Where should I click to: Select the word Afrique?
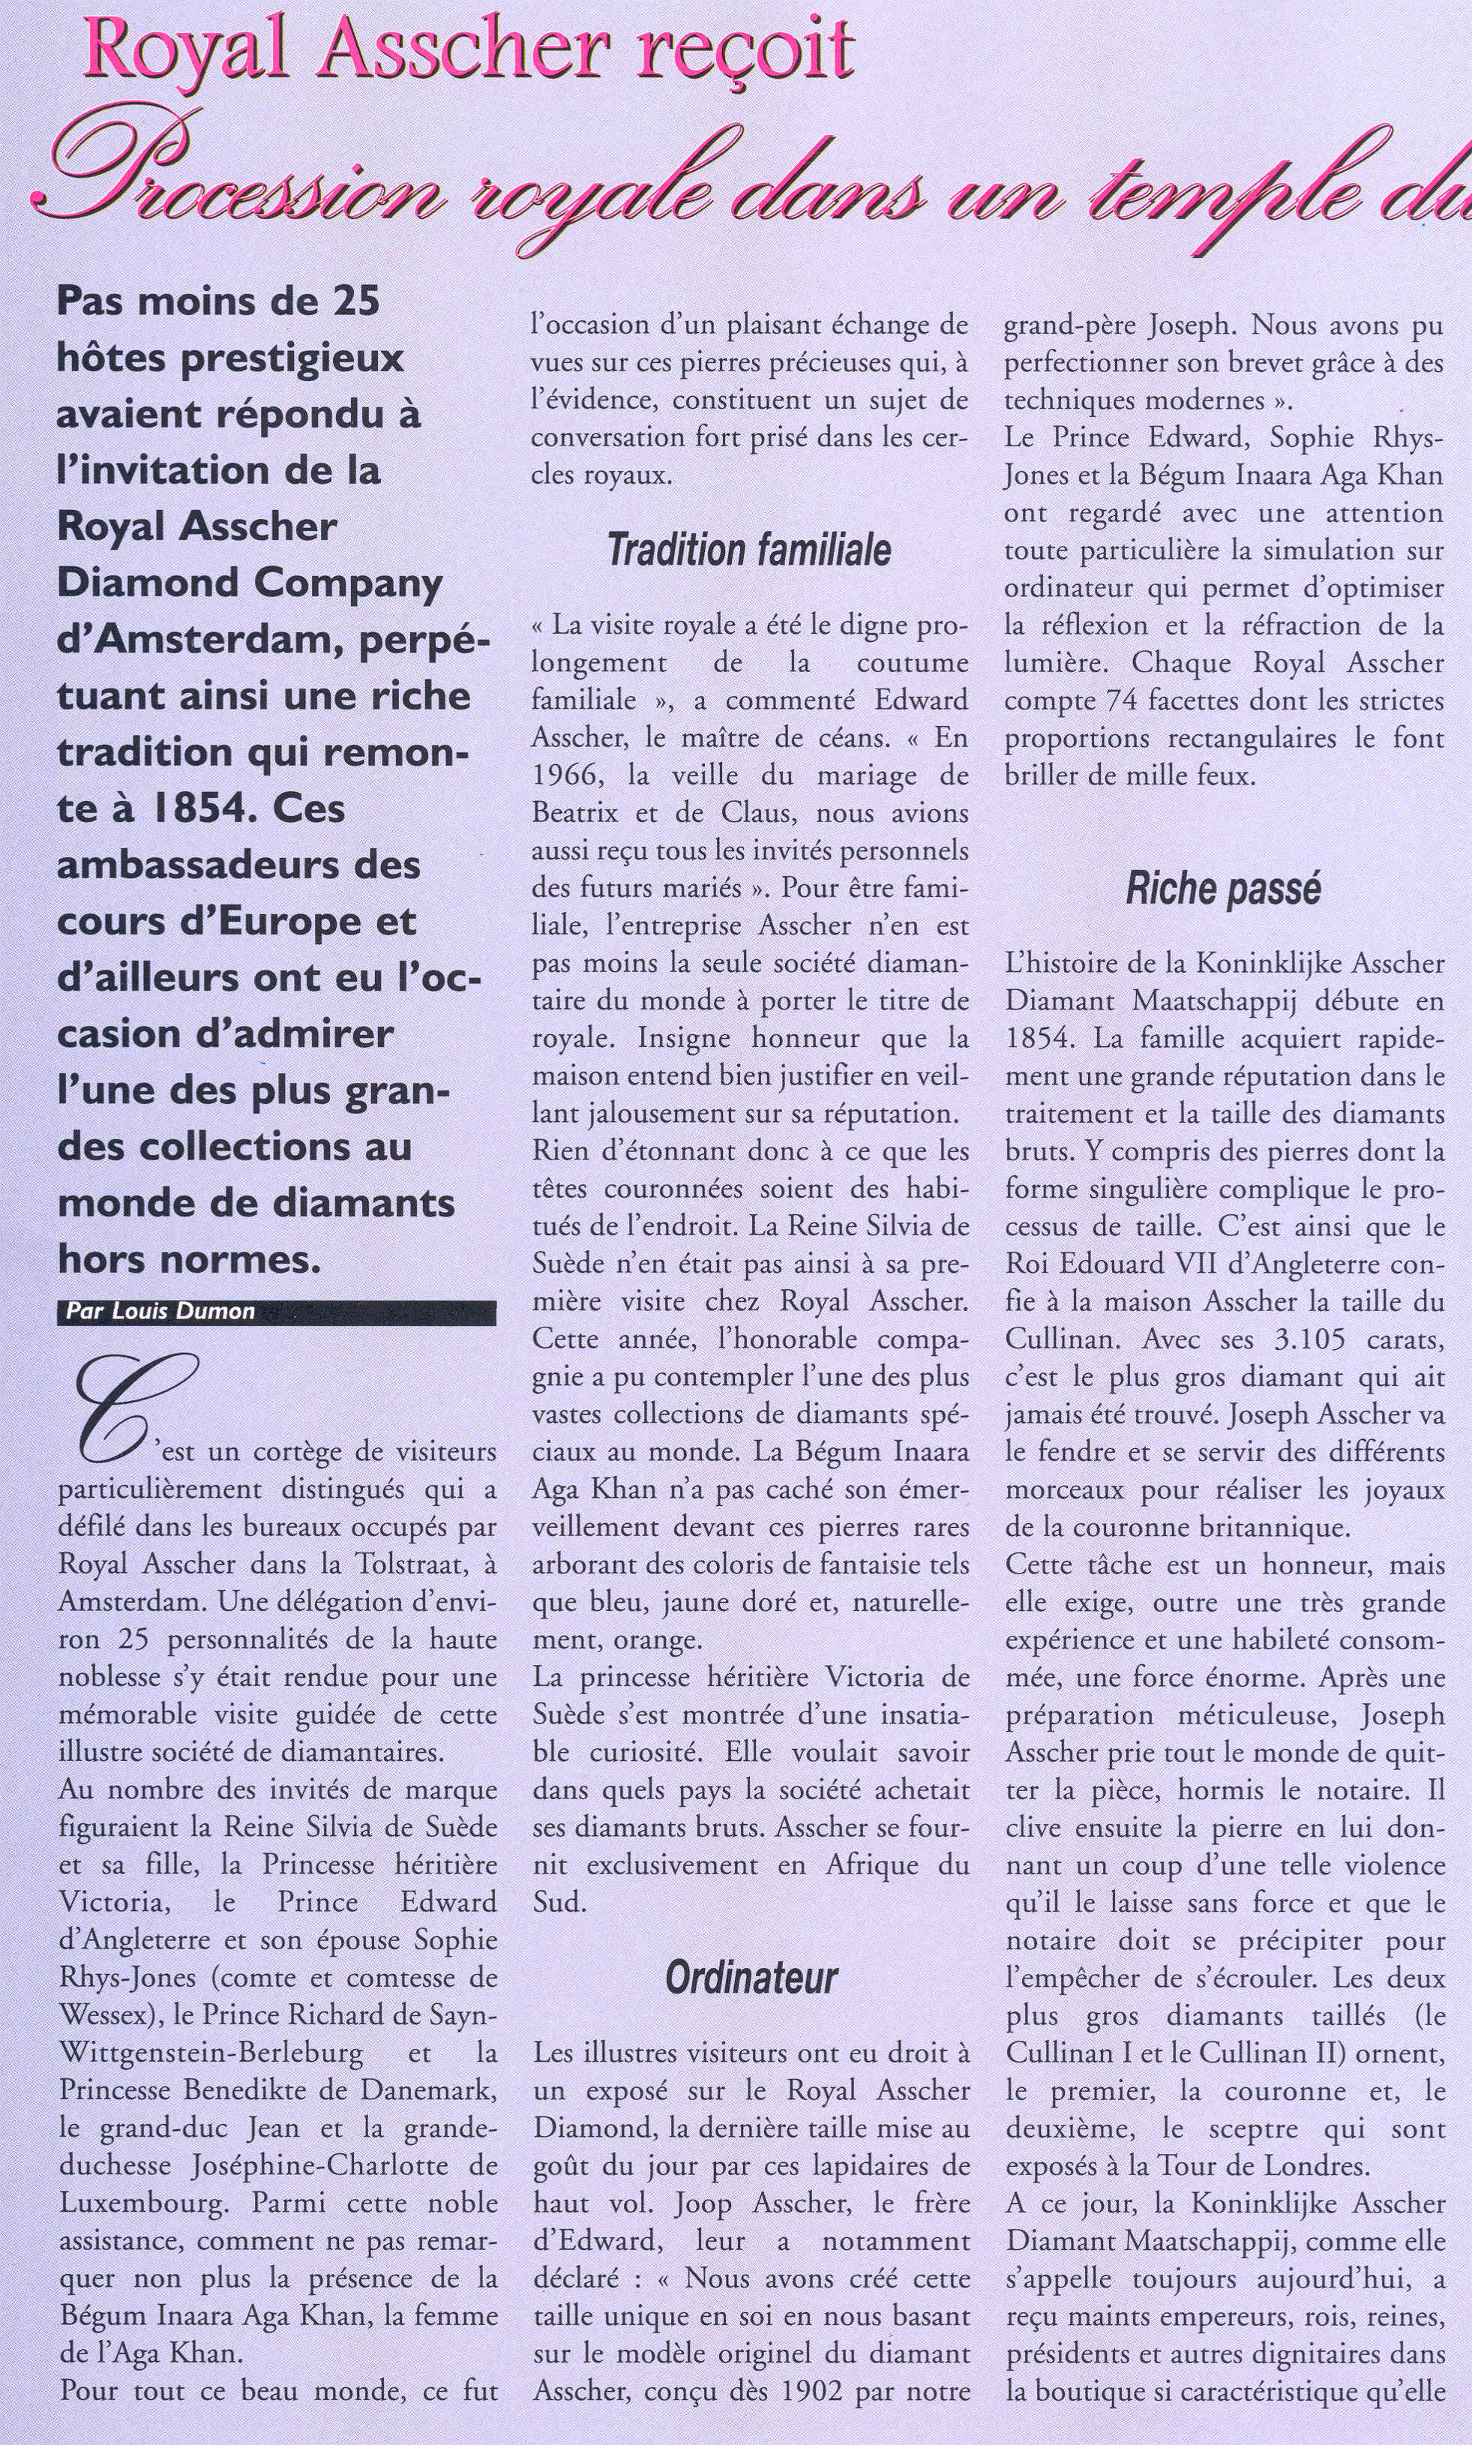874,1864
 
